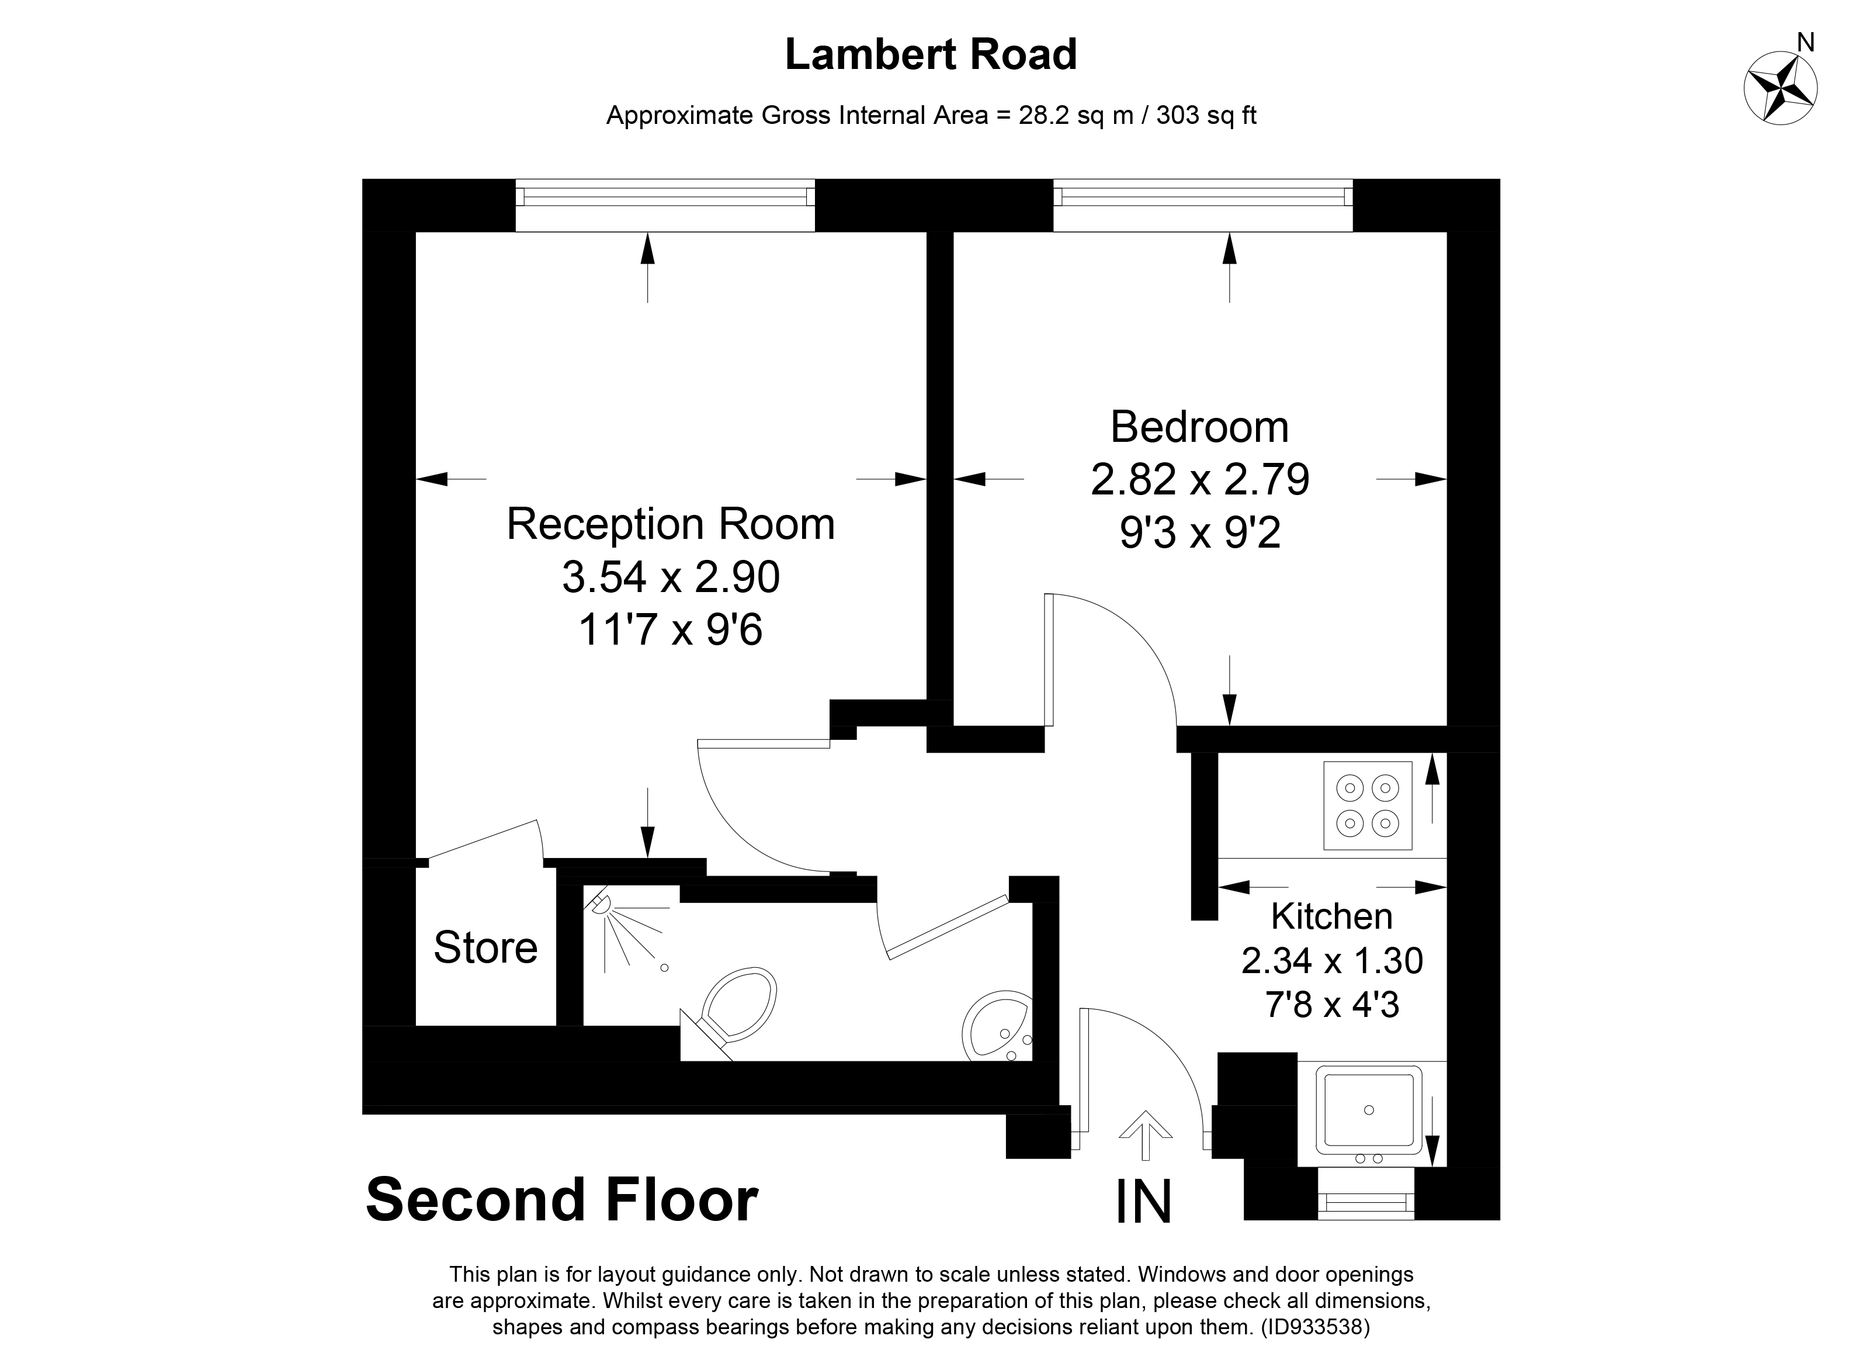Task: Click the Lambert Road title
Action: point(931,55)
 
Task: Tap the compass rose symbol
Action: point(1779,89)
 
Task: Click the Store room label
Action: point(485,947)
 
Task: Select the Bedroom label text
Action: point(1199,427)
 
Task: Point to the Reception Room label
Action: point(670,524)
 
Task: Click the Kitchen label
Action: point(1331,916)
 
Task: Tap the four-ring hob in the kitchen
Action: point(1368,805)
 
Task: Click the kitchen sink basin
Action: point(1369,1110)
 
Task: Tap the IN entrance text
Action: point(1143,1202)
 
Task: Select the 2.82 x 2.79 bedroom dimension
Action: point(1199,480)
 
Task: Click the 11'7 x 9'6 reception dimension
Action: point(670,630)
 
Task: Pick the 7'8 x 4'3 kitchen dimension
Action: point(1331,1005)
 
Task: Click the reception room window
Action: point(665,205)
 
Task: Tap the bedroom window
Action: point(1203,205)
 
